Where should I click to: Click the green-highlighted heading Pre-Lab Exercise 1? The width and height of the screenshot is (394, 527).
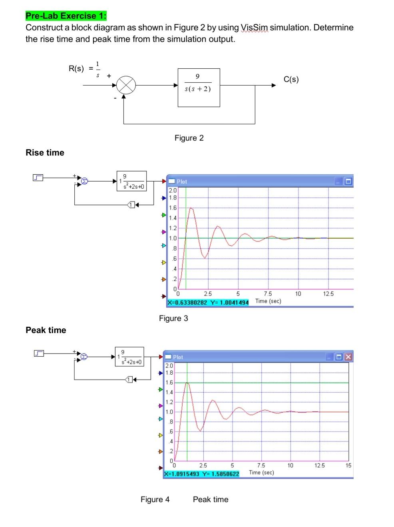66,16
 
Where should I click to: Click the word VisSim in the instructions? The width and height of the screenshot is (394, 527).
255,28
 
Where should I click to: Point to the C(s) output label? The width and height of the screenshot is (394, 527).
291,79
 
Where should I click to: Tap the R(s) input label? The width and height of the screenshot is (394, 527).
76,68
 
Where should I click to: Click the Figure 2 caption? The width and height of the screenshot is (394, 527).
189,138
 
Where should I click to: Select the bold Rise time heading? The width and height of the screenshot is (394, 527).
45,153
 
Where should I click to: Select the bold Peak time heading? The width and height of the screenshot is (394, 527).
46,330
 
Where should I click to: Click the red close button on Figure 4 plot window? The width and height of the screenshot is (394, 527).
348,357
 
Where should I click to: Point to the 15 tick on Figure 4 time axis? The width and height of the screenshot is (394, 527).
348,465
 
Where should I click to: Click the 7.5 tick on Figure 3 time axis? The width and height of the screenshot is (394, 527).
268,294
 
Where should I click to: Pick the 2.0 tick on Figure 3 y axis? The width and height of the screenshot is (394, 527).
173,190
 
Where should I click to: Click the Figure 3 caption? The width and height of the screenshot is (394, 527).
173,318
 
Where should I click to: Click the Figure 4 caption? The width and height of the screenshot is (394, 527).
155,499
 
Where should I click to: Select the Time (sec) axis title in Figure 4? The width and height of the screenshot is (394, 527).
261,473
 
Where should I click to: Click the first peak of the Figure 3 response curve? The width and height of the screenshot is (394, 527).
191,208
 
